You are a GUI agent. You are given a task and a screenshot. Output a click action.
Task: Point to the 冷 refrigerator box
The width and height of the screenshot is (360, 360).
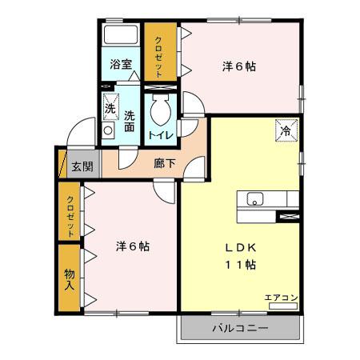[286, 129]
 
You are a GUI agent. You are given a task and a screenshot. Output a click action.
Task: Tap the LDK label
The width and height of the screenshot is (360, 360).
[240, 246]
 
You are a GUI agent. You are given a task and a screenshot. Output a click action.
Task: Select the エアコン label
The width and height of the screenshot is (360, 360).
[281, 298]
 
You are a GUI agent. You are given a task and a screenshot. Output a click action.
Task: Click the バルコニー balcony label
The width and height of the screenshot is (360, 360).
[240, 329]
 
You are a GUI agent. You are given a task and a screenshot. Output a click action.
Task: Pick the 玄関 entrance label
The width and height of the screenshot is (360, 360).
[82, 166]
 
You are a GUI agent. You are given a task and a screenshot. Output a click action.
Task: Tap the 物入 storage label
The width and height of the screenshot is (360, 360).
[70, 278]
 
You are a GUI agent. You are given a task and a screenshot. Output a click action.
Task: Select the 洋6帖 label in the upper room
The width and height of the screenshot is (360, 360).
[238, 67]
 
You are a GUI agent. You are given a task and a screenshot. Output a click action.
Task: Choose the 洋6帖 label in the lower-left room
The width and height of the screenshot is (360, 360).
[132, 246]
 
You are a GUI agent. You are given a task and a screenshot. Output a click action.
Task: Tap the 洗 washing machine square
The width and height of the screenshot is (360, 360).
[110, 102]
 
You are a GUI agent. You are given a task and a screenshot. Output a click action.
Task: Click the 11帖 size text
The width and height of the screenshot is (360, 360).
[240, 264]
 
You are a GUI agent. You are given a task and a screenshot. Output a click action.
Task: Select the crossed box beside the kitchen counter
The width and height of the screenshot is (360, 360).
[287, 214]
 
